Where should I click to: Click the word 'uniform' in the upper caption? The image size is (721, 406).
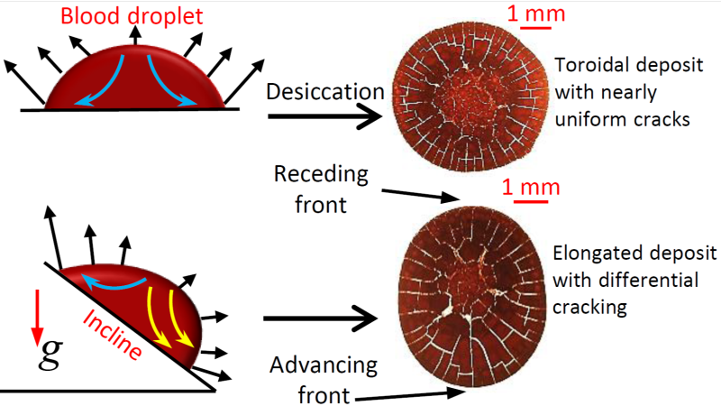click(x=591, y=117)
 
